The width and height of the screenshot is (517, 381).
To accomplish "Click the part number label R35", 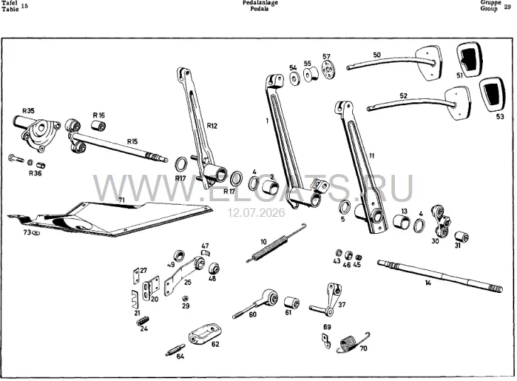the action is (28, 111).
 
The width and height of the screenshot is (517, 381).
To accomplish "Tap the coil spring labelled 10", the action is (276, 242).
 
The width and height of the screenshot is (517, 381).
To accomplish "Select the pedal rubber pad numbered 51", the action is (469, 59).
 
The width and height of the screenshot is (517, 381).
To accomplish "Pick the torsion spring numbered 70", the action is (352, 343).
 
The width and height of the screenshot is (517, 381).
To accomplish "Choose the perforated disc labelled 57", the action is (327, 71).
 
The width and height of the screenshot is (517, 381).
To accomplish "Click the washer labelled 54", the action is (294, 79).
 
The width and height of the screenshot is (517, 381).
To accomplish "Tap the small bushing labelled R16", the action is (98, 125).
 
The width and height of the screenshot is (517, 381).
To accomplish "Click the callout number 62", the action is (215, 344).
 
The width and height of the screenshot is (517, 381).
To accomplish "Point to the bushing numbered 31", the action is (462, 237).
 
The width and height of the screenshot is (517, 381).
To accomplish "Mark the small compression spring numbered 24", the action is (143, 321).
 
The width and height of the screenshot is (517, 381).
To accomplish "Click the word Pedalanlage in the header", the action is (260, 3).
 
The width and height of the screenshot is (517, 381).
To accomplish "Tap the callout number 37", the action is (342, 304).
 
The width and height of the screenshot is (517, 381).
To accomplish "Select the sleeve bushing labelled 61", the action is (292, 303).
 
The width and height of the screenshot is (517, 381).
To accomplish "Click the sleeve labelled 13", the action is (402, 222).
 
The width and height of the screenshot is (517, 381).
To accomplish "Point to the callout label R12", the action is (212, 126).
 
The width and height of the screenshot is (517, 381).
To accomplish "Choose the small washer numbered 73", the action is (36, 233).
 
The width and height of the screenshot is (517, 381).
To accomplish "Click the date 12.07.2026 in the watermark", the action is (256, 213).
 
